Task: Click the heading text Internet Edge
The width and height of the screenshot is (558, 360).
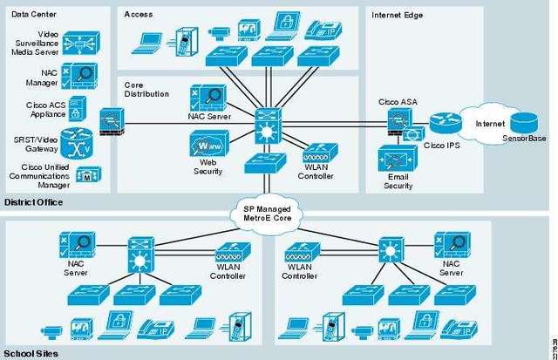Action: (x=398, y=16)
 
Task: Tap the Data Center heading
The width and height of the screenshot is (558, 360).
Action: (x=34, y=14)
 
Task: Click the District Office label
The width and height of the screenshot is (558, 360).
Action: (x=33, y=202)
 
